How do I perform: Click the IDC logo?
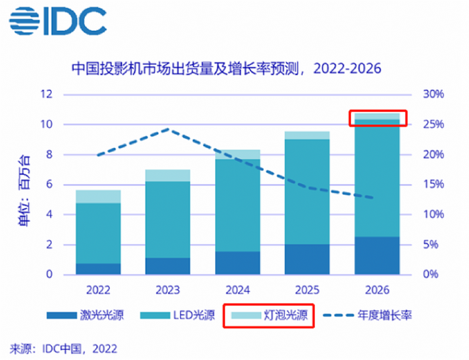[x=58, y=21]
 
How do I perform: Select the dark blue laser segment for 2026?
[x=377, y=255]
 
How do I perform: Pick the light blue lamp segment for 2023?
[x=167, y=176]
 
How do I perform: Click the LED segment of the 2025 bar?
[x=307, y=191]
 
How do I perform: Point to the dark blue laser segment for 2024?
[x=237, y=263]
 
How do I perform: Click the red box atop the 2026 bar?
[x=377, y=119]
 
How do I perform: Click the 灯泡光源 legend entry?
[x=268, y=315]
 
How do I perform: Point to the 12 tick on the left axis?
[x=46, y=95]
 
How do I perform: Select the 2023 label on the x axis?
[x=167, y=290]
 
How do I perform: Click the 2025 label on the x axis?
[x=307, y=290]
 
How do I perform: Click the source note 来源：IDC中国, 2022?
[x=63, y=348]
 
